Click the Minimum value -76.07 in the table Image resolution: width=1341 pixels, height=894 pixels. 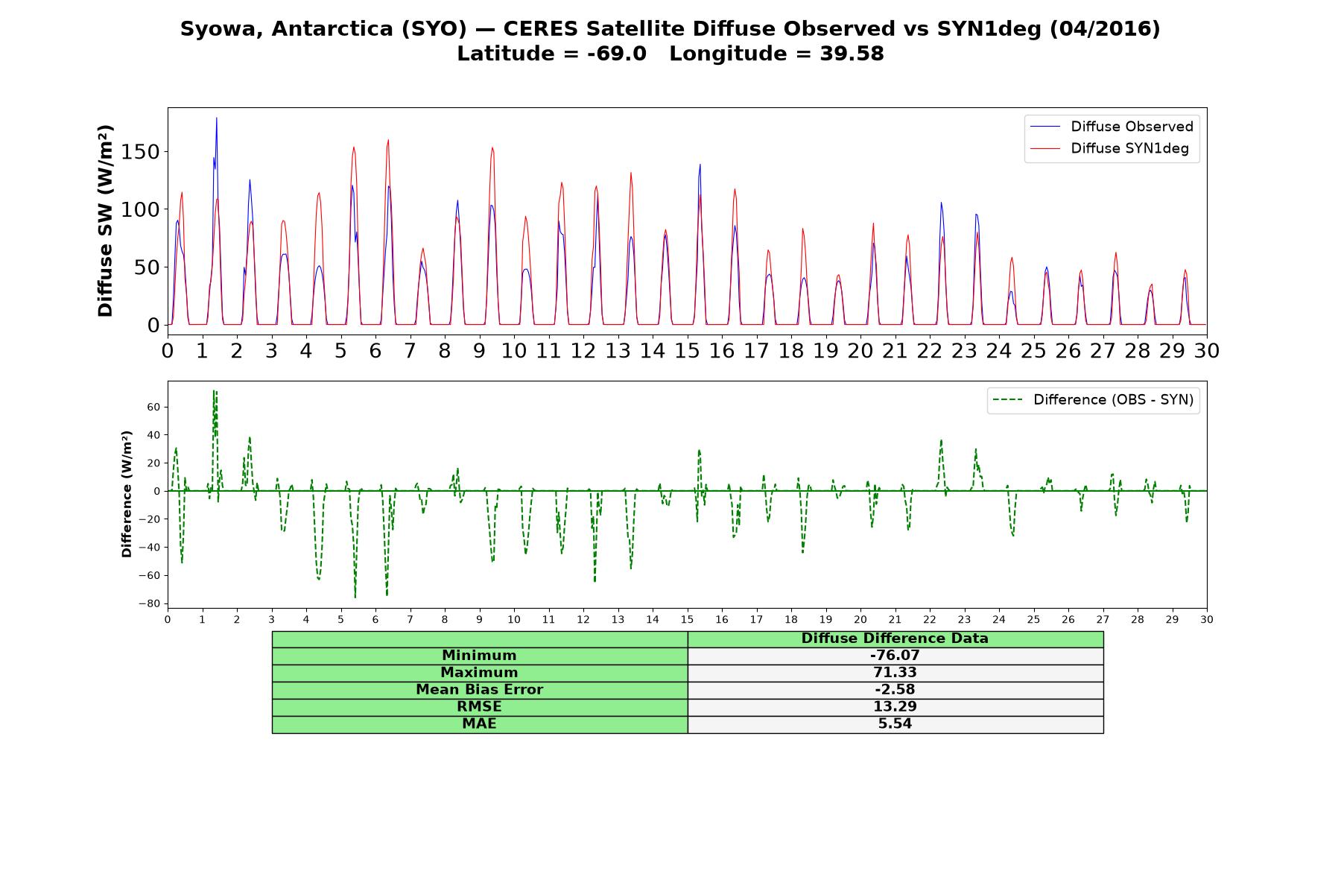click(895, 656)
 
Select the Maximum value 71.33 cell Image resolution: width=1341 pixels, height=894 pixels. click(895, 673)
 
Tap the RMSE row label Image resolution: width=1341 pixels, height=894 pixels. click(479, 707)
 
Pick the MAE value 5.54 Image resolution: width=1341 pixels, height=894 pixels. click(895, 724)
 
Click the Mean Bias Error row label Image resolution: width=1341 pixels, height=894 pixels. click(479, 690)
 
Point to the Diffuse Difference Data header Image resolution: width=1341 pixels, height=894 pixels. click(895, 638)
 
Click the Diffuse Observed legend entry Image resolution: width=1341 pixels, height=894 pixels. click(1112, 127)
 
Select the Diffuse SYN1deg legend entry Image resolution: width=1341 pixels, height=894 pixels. click(1110, 148)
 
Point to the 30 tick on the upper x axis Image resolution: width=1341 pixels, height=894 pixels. click(1207, 351)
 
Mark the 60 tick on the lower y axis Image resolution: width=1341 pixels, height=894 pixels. click(155, 407)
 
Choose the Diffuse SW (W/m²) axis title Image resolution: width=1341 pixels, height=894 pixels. click(105, 221)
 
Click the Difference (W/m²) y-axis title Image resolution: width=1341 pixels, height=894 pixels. click(127, 494)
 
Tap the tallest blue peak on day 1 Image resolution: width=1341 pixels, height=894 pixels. click(217, 118)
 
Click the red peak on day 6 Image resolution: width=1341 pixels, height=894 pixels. click(388, 140)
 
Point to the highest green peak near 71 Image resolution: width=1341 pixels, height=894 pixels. click(215, 390)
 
